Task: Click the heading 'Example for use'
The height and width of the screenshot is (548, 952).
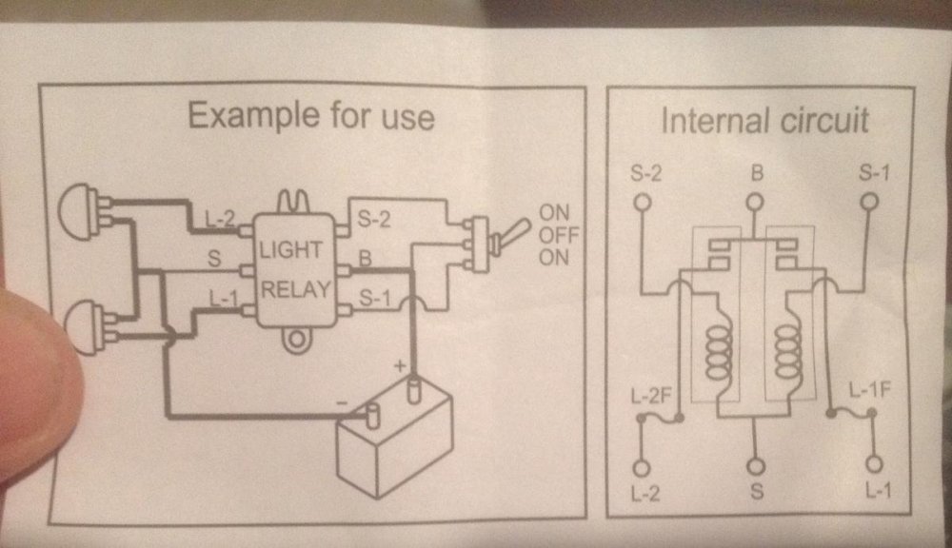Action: (x=310, y=116)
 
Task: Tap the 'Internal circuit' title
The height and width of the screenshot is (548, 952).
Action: (x=764, y=121)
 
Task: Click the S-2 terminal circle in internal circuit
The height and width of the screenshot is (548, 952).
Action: (x=642, y=202)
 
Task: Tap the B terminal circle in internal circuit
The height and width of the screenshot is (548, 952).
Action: (x=755, y=202)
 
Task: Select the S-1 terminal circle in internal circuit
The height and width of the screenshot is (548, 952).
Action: (x=868, y=202)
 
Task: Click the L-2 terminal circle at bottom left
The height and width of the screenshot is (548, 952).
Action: (x=642, y=468)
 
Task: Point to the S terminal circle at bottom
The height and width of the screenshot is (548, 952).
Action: (x=756, y=467)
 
